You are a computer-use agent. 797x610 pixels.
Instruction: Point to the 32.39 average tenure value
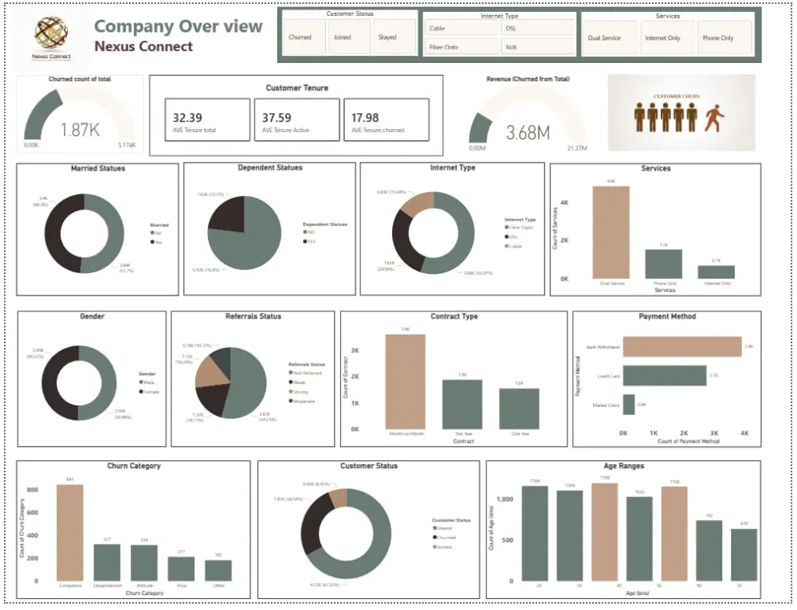(187, 118)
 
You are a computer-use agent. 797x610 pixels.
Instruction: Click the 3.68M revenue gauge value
(528, 133)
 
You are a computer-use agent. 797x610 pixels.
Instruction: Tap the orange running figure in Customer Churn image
(715, 119)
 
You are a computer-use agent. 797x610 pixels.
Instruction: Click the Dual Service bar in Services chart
(611, 232)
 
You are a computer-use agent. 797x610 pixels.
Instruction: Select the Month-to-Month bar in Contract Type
(406, 381)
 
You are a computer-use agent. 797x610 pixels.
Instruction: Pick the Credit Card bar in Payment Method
(665, 375)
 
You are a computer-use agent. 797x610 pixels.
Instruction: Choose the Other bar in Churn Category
(218, 570)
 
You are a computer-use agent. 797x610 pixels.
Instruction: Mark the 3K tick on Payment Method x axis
(714, 433)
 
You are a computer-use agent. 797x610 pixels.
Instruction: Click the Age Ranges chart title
(625, 466)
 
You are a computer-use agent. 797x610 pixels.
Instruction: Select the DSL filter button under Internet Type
(537, 28)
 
